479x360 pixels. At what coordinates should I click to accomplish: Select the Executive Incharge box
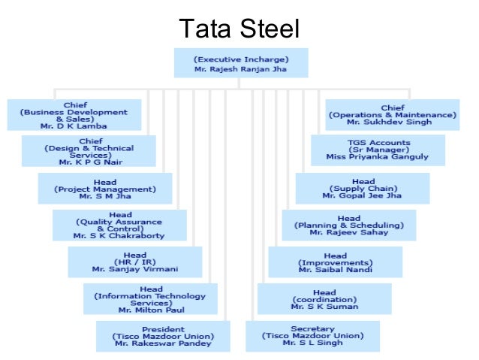click(x=240, y=62)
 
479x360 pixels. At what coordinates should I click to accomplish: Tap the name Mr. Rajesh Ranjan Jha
click(x=240, y=68)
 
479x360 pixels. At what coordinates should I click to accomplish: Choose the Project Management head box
click(x=104, y=188)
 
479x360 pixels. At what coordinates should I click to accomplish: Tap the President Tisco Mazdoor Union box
click(x=163, y=336)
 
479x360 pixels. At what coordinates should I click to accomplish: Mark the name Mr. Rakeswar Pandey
click(x=163, y=343)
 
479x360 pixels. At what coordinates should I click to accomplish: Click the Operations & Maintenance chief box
click(x=392, y=115)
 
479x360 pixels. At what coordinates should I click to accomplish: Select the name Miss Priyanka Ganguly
click(x=378, y=157)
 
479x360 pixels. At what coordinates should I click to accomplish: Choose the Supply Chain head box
click(x=363, y=188)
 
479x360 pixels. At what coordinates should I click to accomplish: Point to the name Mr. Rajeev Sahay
click(x=348, y=232)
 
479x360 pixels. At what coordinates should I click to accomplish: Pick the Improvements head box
click(x=335, y=262)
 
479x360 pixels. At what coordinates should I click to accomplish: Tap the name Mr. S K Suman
click(x=324, y=307)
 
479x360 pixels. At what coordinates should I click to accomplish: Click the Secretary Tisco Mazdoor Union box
click(x=312, y=336)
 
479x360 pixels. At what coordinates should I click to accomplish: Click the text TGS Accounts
click(x=378, y=142)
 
